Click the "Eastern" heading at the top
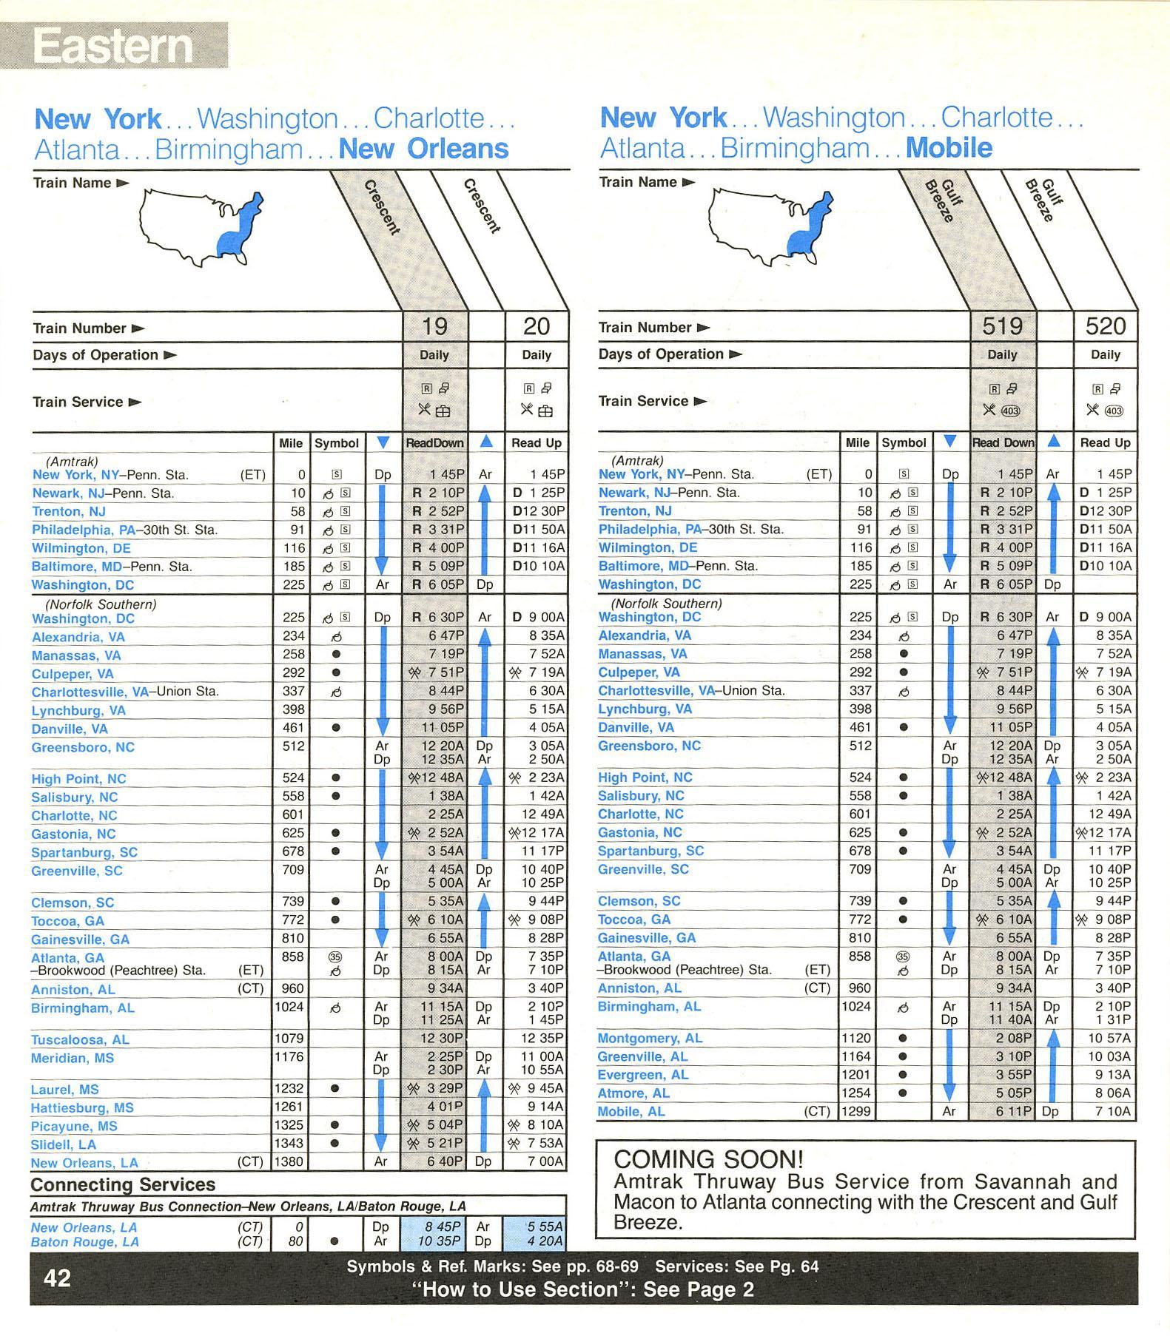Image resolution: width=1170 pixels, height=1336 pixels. (x=112, y=46)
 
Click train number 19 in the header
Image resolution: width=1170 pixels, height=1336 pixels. (x=434, y=326)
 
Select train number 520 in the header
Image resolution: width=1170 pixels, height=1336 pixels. (x=1105, y=326)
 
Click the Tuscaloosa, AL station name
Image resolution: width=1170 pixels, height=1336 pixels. (x=80, y=1039)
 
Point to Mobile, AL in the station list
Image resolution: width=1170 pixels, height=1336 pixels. (x=631, y=1111)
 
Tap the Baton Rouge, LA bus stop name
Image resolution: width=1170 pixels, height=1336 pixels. (x=84, y=1241)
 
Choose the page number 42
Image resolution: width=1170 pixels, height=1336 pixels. (x=58, y=1278)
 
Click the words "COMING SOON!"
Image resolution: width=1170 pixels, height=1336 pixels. (x=708, y=1158)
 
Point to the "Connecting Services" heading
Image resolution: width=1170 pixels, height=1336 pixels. (x=123, y=1184)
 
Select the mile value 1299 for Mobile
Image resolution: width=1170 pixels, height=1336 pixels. (x=856, y=1111)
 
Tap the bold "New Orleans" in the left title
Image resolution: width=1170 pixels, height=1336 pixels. (x=423, y=149)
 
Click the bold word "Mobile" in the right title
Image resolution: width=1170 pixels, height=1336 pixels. (x=949, y=148)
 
